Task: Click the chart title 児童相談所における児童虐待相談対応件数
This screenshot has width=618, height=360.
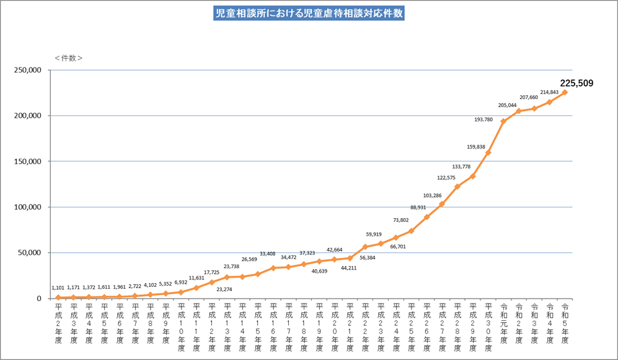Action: coord(309,12)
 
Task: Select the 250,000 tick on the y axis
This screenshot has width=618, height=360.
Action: coord(27,70)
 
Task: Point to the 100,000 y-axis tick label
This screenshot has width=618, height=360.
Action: coord(27,207)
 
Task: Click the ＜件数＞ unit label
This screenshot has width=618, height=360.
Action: coord(68,58)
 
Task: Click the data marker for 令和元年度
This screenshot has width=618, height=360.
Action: coord(503,121)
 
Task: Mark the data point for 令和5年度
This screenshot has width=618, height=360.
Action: coord(565,92)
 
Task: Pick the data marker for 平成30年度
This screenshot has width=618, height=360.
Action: coord(488,152)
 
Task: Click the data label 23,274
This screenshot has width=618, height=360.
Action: coord(228,289)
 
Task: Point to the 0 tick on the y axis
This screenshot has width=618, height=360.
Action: coord(38,299)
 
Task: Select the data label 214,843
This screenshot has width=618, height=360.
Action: coord(549,92)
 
